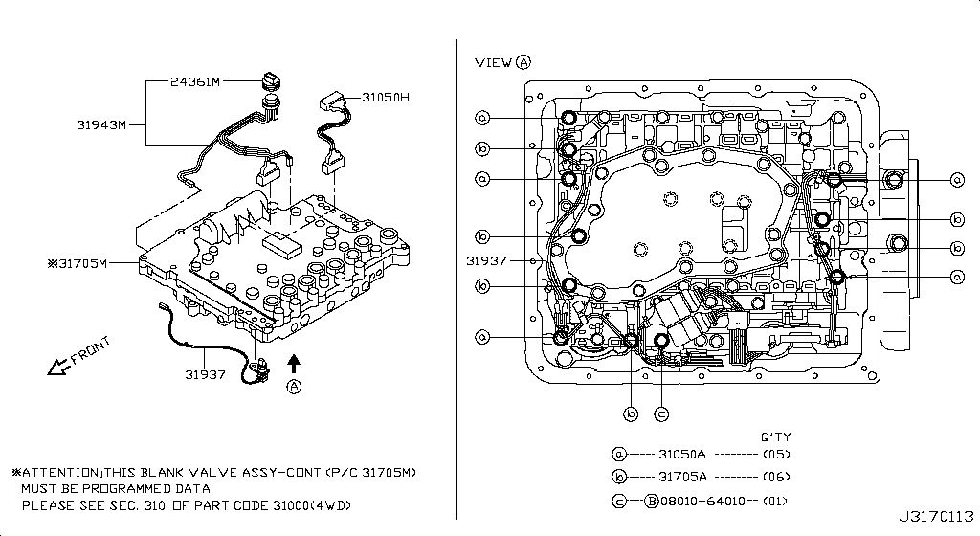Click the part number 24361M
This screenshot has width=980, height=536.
pyautogui.click(x=195, y=82)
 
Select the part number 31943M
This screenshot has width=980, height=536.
pyautogui.click(x=101, y=125)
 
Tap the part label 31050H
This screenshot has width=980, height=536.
pyautogui.click(x=386, y=98)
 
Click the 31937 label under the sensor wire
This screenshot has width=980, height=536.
pyautogui.click(x=205, y=375)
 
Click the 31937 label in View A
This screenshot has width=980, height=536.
pyautogui.click(x=486, y=260)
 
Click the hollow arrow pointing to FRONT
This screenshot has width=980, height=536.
pyautogui.click(x=58, y=367)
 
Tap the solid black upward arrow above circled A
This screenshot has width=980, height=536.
pyautogui.click(x=294, y=364)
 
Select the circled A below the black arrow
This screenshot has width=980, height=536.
pyautogui.click(x=294, y=387)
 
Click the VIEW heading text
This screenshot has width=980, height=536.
pyautogui.click(x=493, y=62)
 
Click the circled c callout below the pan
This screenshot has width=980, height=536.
pyautogui.click(x=661, y=414)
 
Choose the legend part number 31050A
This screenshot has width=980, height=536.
pyautogui.click(x=681, y=454)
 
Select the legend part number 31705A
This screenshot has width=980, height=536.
pyautogui.click(x=682, y=477)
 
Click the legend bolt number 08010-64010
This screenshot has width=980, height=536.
pyautogui.click(x=703, y=501)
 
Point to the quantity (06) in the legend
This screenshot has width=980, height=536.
pyautogui.click(x=776, y=477)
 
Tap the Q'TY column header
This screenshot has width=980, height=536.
pyautogui.click(x=775, y=436)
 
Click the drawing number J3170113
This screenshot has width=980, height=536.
pyautogui.click(x=936, y=517)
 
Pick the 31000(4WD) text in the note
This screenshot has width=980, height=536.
pyautogui.click(x=312, y=505)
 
